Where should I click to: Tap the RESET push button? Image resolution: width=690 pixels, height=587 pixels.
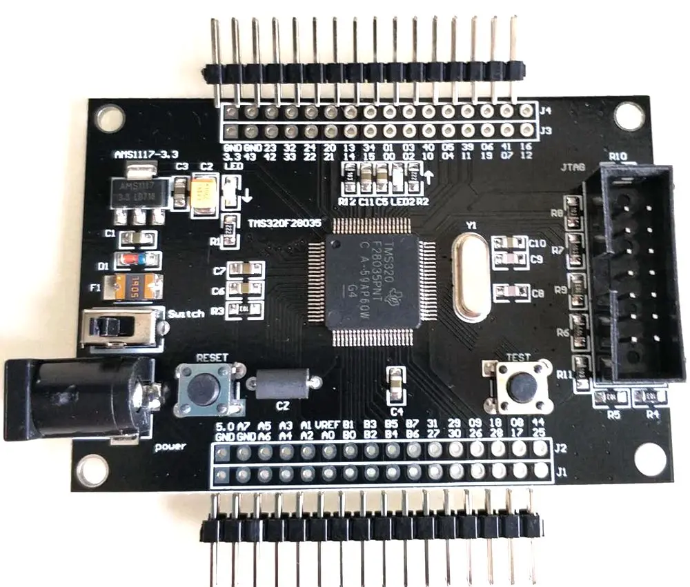tap(202, 390)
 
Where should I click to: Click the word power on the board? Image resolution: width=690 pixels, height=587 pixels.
tap(170, 446)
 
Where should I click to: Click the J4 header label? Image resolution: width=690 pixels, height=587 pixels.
tap(545, 109)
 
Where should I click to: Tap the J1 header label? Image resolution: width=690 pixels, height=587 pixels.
tap(562, 473)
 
